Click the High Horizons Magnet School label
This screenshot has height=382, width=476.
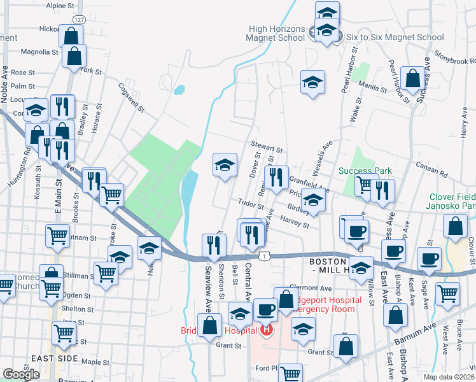tap(277, 33)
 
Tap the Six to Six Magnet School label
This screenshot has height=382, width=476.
tap(395, 37)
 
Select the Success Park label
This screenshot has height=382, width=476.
tap(365, 171)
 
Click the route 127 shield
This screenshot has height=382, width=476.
tap(78, 20)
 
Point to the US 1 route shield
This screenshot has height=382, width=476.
tap(262, 255)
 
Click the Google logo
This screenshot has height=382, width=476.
tap(21, 374)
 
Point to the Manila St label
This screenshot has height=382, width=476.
tap(373, 87)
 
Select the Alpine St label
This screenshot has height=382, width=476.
tap(60, 5)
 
